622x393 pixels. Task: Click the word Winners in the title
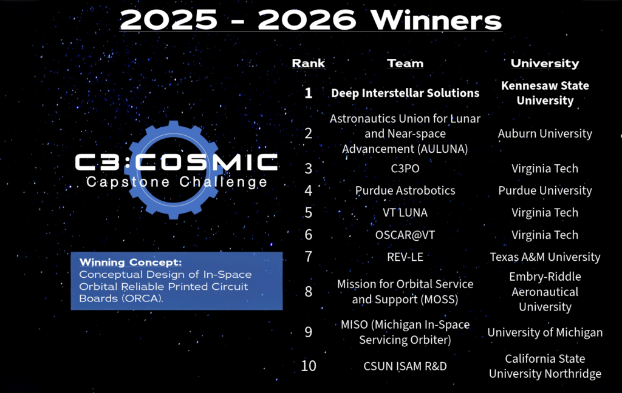point(436,20)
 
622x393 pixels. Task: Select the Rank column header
point(308,63)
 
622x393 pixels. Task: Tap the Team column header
point(405,63)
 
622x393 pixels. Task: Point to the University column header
point(545,63)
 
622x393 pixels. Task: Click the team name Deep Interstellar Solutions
point(405,93)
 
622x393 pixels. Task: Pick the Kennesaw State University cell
point(545,93)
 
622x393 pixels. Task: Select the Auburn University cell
point(545,133)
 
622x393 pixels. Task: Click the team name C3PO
point(405,169)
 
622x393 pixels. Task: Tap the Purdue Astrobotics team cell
point(405,190)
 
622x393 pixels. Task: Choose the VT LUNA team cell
point(405,213)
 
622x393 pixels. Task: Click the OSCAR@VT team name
point(405,235)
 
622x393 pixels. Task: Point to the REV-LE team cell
point(405,257)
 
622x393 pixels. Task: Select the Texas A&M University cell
point(545,257)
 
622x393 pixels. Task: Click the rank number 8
point(308,292)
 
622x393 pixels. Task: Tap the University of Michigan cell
point(545,332)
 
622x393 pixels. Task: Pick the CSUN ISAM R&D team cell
point(405,366)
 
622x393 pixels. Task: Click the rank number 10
point(308,366)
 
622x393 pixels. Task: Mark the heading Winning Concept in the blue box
point(131,262)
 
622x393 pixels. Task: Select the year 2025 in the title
point(169,20)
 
